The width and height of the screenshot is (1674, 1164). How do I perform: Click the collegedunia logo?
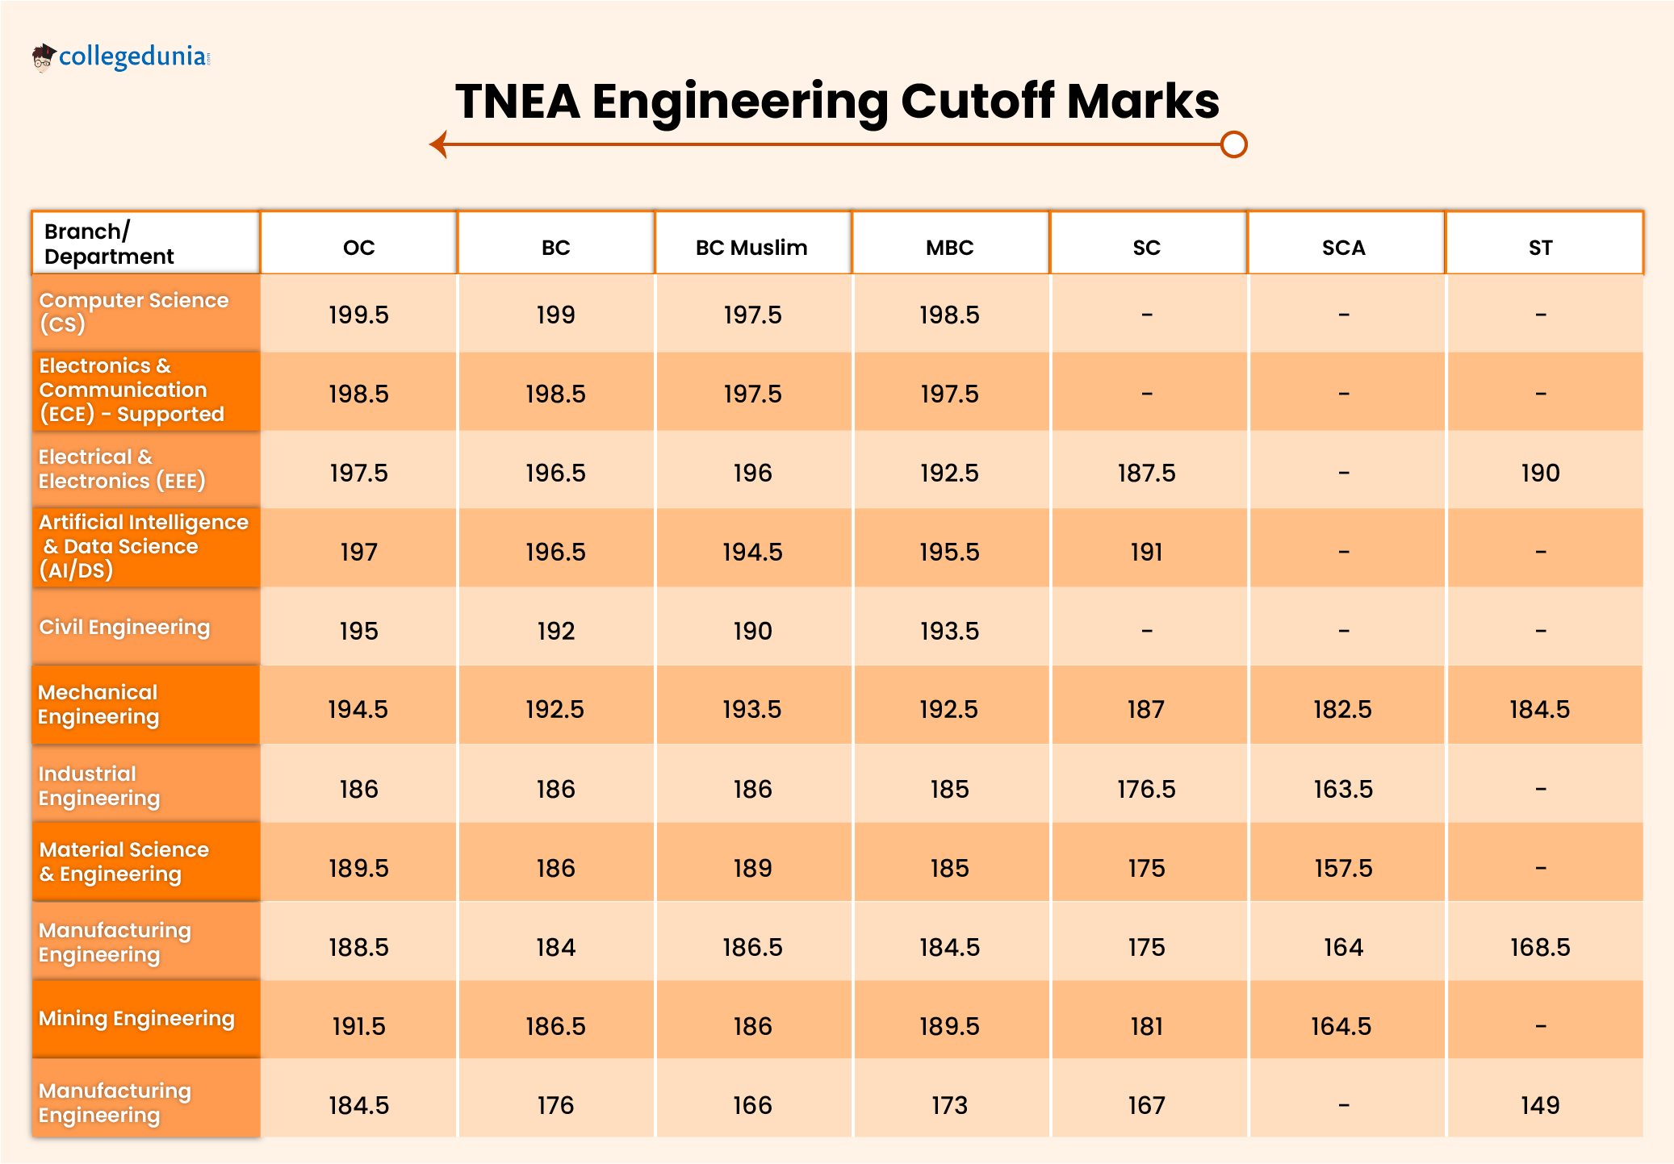pyautogui.click(x=121, y=57)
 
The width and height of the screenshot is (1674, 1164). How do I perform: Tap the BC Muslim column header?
pyautogui.click(x=751, y=248)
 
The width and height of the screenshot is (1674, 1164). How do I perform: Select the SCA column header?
pyautogui.click(x=1343, y=248)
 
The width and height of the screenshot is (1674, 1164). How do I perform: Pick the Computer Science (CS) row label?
pyautogui.click(x=134, y=312)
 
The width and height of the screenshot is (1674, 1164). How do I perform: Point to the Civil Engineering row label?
pyautogui.click(x=124, y=628)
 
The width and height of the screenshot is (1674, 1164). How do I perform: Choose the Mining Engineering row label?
pyautogui.click(x=136, y=1019)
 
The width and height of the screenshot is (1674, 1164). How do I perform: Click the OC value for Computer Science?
pyautogui.click(x=358, y=315)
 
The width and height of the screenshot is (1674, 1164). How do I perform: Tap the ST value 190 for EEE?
pyautogui.click(x=1540, y=473)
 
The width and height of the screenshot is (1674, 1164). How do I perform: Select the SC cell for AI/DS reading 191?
pyautogui.click(x=1146, y=552)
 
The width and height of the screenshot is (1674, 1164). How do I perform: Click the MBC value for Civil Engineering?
pyautogui.click(x=949, y=631)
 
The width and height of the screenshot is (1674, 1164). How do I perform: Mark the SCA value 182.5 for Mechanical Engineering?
pyautogui.click(x=1342, y=710)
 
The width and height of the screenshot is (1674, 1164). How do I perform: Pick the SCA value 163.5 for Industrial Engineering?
pyautogui.click(x=1343, y=789)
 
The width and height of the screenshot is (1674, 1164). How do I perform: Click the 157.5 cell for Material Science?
pyautogui.click(x=1343, y=868)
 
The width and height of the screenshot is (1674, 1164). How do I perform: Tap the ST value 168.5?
pyautogui.click(x=1540, y=947)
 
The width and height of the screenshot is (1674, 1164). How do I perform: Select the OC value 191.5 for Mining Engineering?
pyautogui.click(x=358, y=1026)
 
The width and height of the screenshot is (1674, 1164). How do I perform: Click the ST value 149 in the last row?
pyautogui.click(x=1540, y=1105)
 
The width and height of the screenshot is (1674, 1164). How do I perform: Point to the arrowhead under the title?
pyautogui.click(x=438, y=145)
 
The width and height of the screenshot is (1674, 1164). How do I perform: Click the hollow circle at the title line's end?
pyautogui.click(x=1233, y=145)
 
